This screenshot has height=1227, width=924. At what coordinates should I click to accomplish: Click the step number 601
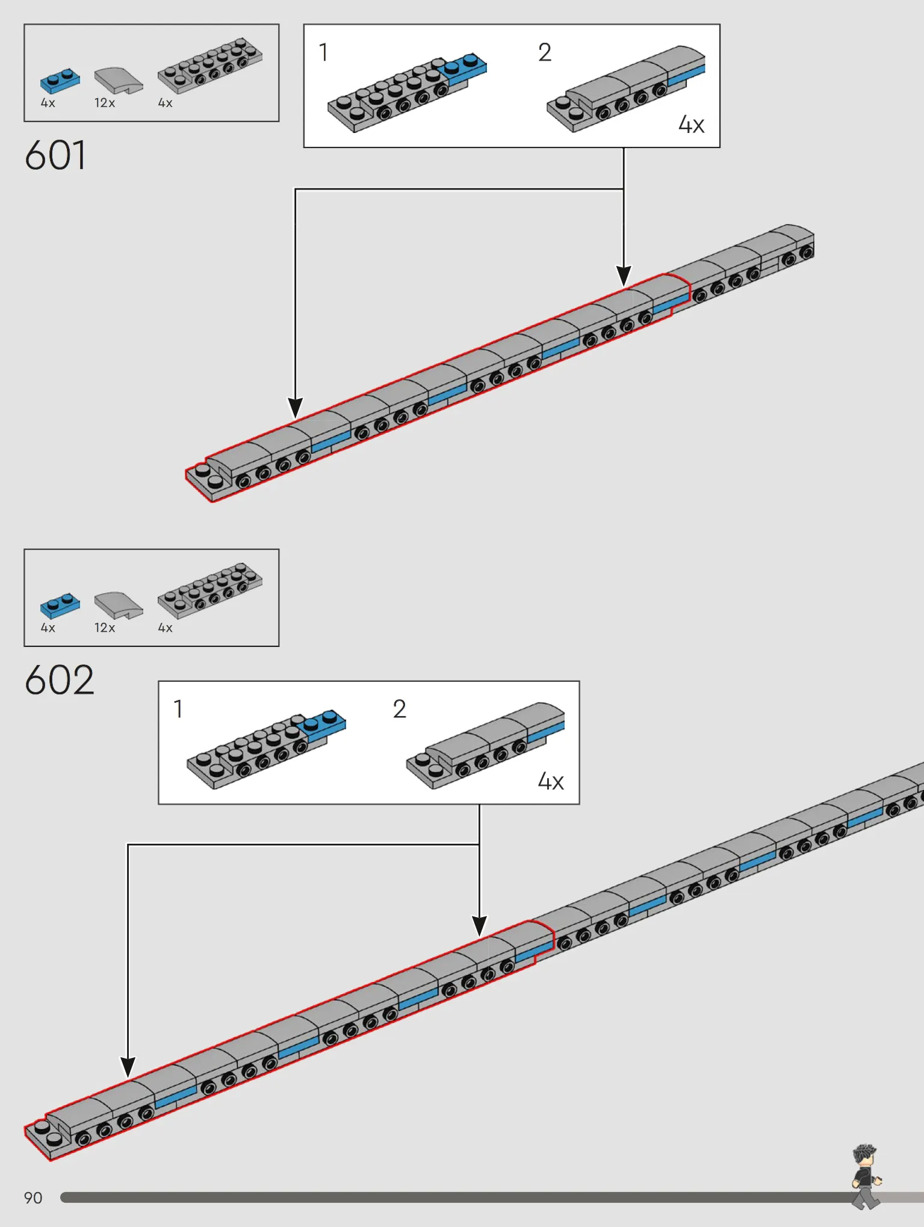pos(55,155)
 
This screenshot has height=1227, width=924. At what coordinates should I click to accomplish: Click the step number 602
pos(60,680)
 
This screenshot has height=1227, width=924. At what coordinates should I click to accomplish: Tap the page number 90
pos(33,1198)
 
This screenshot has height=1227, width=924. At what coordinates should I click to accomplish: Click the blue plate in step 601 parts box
pos(60,80)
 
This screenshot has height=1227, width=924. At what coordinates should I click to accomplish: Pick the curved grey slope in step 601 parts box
pos(119,80)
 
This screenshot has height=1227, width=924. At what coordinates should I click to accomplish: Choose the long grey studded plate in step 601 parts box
pos(210,66)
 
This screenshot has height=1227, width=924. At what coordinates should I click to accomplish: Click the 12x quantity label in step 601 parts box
pos(105,103)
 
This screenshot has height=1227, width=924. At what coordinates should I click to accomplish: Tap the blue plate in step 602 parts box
pos(60,605)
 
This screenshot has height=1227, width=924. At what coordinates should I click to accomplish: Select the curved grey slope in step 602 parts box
pos(119,605)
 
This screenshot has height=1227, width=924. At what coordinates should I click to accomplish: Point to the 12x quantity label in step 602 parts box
pos(105,628)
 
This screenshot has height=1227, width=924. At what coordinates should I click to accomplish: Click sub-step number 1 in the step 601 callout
pos(324,52)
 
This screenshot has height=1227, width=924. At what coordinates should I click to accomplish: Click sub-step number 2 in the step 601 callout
pos(545,52)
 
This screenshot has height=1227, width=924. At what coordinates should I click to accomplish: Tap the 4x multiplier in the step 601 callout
pos(691,125)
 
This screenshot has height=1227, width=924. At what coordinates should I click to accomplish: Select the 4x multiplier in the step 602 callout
pos(551,781)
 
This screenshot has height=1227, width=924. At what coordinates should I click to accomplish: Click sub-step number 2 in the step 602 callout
pos(400,709)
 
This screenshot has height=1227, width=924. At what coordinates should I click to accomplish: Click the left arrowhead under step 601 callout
pos(295,408)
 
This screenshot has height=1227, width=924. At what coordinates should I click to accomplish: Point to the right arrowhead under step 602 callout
pos(479,926)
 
